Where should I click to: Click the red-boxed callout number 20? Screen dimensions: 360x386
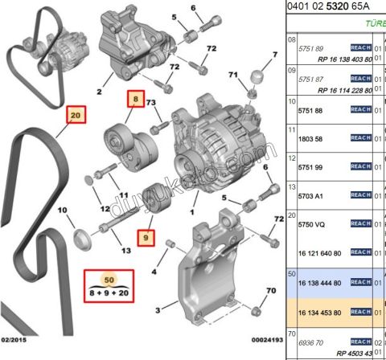pos(76,117)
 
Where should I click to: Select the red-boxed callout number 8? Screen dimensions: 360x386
pos(136,100)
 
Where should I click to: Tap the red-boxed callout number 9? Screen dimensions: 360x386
pos(146,238)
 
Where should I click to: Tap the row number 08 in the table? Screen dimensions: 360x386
pos(293,38)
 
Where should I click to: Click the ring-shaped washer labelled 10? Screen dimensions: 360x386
pos(81,238)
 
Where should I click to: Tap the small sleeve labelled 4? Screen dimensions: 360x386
pos(170,243)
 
